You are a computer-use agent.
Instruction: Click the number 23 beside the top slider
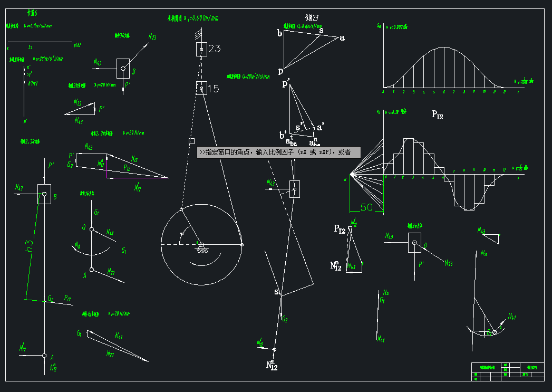[215, 49]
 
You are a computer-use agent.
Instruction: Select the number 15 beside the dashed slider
[213, 89]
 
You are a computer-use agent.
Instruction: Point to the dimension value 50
[366, 207]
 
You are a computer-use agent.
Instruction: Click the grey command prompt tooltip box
[278, 152]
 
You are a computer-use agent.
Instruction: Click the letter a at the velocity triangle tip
[342, 37]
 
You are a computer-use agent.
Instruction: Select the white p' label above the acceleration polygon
[287, 83]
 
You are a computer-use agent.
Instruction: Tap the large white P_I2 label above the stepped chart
[437, 114]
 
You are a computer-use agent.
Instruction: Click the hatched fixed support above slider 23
[199, 35]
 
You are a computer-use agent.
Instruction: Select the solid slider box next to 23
[201, 49]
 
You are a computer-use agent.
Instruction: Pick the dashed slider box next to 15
[201, 88]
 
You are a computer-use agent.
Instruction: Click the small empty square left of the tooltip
[192, 141]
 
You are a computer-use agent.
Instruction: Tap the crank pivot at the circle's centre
[201, 244]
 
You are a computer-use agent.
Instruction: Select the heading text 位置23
[313, 18]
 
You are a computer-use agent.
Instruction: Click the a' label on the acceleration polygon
[319, 127]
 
